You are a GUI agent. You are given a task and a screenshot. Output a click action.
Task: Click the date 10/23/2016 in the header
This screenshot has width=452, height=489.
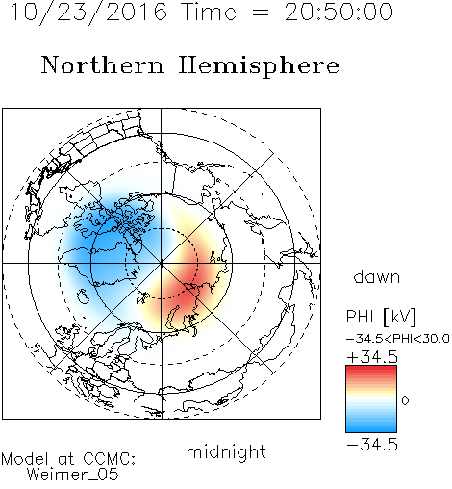[x=88, y=13]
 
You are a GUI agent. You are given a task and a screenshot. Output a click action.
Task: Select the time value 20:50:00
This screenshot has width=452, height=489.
[x=339, y=12]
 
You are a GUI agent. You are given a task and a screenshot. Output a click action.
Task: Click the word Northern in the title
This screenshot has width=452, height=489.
[x=103, y=64]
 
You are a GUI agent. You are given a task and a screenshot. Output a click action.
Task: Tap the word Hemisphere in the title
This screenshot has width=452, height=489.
[x=259, y=66]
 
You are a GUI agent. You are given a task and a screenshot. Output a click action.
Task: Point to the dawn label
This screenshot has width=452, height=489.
[x=377, y=276]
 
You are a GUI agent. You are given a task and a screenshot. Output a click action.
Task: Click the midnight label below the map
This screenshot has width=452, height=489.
[x=226, y=451]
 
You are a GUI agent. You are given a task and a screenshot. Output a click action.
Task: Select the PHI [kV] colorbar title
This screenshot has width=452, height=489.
[x=381, y=317]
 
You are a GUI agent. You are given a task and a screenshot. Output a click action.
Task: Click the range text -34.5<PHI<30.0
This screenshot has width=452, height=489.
[x=398, y=339]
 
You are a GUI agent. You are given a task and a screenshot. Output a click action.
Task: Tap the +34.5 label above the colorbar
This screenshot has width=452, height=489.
[x=372, y=357]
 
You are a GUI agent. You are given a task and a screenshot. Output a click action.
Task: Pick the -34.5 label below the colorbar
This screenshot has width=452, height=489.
[x=372, y=445]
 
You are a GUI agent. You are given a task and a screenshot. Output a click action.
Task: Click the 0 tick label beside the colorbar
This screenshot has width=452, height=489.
[x=405, y=400]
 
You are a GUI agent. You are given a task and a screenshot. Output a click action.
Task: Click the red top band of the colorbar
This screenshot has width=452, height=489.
[x=371, y=371]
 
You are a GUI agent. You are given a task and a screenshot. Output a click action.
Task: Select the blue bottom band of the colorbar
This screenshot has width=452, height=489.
[x=371, y=426]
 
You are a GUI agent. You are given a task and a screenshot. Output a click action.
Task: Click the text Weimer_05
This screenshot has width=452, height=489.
[x=73, y=474]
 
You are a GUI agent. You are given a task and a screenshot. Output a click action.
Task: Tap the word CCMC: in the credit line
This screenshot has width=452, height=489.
[x=109, y=459]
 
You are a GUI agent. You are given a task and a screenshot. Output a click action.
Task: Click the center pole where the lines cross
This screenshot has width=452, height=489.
[x=162, y=263]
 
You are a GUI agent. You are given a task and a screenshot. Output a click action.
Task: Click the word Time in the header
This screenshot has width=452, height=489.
[x=209, y=12]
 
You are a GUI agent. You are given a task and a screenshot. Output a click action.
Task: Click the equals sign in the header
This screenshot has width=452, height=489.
[x=261, y=13]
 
